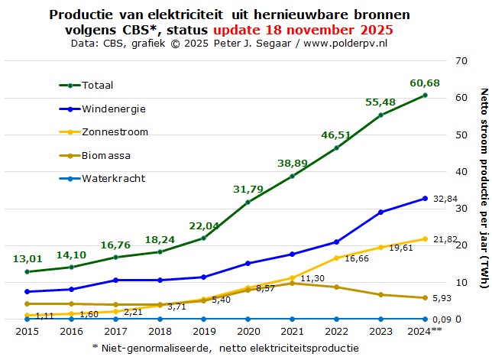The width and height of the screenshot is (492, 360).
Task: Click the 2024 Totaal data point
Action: [426, 95]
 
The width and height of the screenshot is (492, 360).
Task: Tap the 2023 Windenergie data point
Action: [381, 212]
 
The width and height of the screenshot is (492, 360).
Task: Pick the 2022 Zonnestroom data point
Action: [337, 258]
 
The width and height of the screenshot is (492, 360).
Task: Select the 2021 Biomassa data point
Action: [293, 283]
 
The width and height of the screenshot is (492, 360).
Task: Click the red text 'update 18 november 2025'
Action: [304, 31]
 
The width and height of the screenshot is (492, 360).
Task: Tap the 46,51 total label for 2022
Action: [335, 135]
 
